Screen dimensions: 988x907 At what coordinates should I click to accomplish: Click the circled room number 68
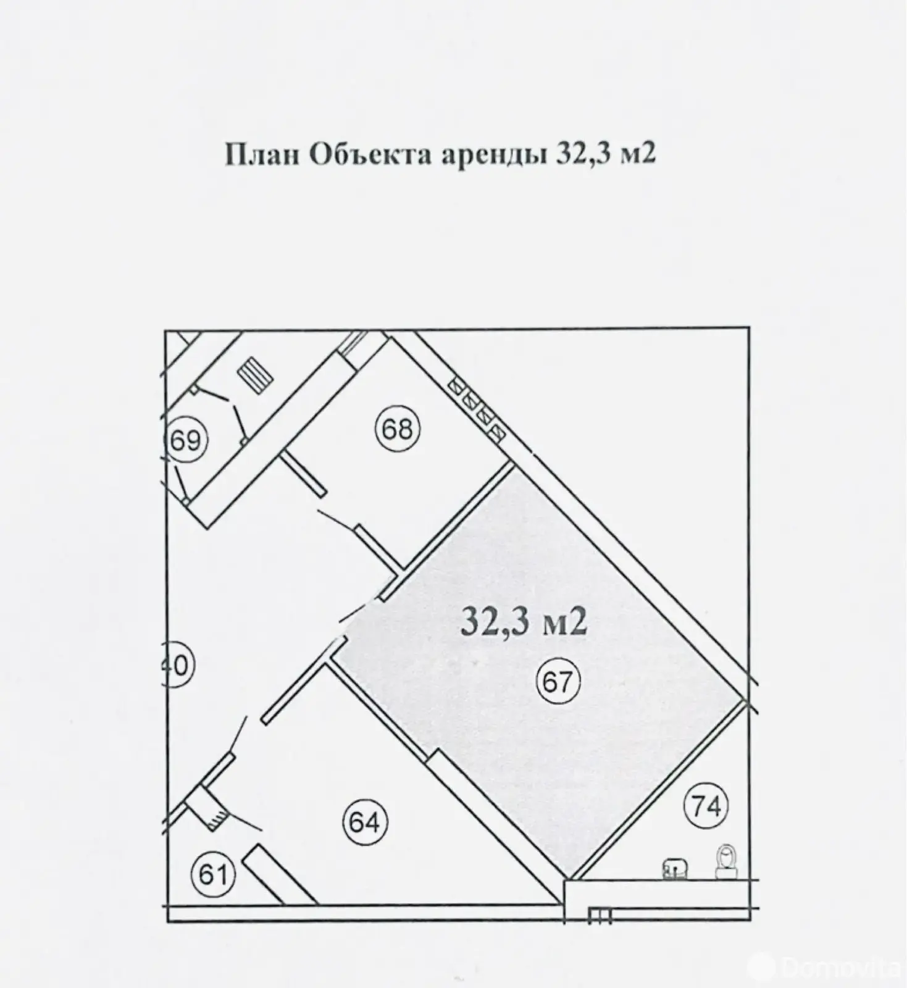(x=397, y=429)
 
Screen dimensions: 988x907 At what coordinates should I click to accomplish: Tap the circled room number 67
(x=559, y=682)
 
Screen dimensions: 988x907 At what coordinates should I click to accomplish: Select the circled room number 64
(x=364, y=822)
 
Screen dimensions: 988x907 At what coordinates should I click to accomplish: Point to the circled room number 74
(x=706, y=805)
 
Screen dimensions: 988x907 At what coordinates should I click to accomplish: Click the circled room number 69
(x=186, y=441)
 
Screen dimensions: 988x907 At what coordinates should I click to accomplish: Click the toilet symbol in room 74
(x=725, y=862)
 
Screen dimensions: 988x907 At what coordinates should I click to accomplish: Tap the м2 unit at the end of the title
(x=637, y=155)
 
